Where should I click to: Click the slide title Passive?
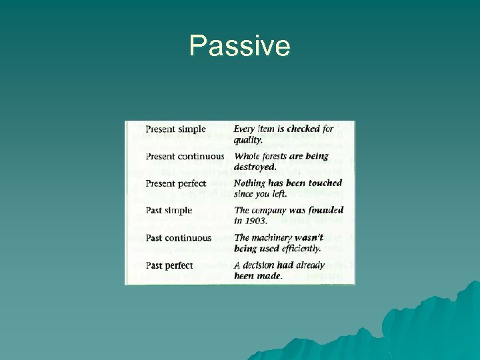[x=239, y=46]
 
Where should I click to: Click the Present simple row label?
[x=175, y=129]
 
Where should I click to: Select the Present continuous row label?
[x=185, y=157]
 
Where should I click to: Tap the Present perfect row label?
[x=176, y=183]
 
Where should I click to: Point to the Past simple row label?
[x=169, y=211]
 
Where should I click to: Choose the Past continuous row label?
[x=178, y=238]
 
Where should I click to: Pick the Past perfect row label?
[x=169, y=265]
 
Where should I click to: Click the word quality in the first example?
[x=248, y=139]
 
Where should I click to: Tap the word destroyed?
[x=255, y=167]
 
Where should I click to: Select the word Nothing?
[x=249, y=183]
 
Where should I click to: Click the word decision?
[x=263, y=265]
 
